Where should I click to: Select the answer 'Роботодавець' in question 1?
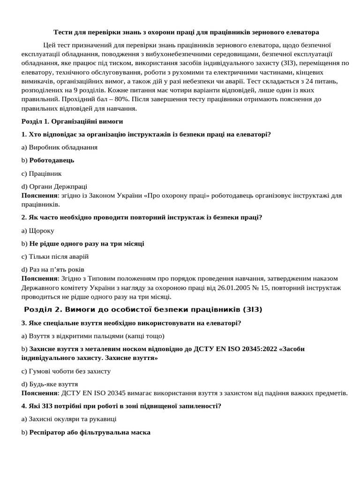(x=52, y=160)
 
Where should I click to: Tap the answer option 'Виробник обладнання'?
(x=63, y=147)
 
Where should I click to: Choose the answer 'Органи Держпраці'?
(x=58, y=187)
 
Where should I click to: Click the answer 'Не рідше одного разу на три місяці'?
(x=87, y=244)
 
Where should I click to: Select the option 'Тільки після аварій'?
(x=59, y=257)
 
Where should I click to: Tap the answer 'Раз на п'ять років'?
(x=57, y=270)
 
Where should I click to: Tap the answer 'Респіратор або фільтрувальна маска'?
(x=90, y=432)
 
